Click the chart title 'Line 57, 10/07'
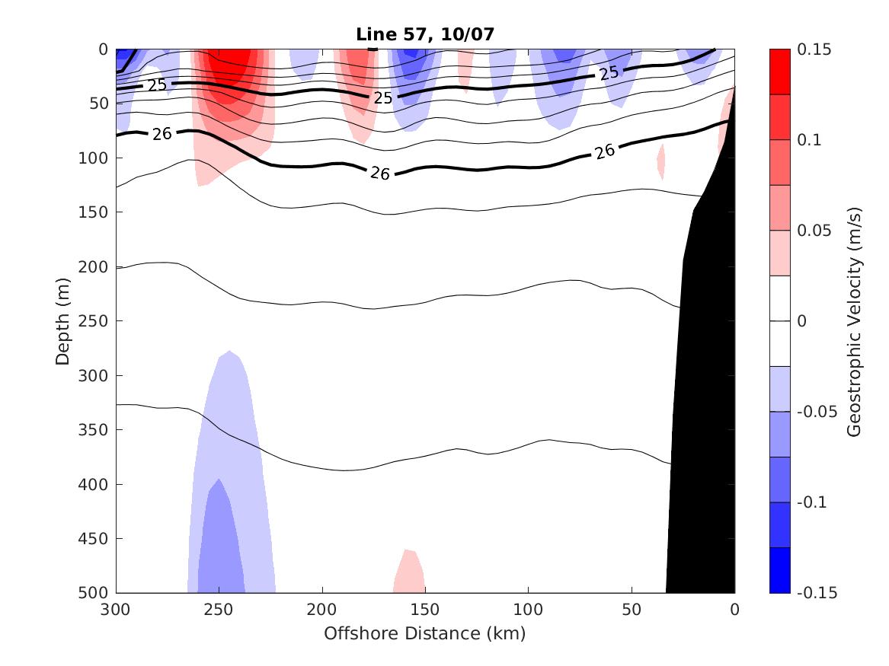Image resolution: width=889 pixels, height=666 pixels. click(x=425, y=34)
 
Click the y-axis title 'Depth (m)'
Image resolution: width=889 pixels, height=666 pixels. click(x=63, y=320)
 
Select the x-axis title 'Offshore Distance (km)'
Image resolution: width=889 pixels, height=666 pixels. click(x=425, y=633)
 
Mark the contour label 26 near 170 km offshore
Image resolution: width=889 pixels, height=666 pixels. click(x=380, y=174)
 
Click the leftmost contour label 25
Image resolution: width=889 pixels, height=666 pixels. click(x=157, y=85)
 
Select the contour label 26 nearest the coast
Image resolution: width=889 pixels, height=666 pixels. click(x=605, y=151)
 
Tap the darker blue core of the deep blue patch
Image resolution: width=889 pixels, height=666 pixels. click(x=221, y=540)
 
